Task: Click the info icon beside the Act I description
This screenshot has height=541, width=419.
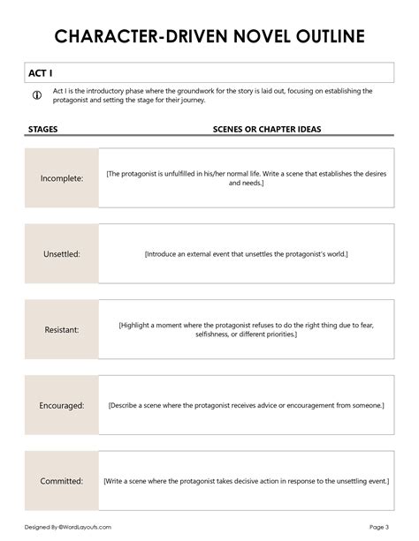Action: (36, 95)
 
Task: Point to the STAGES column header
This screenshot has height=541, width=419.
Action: (44, 129)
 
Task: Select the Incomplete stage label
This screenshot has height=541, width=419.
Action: (62, 178)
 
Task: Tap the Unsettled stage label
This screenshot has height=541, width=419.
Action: (62, 254)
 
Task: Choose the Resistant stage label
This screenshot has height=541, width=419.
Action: (62, 330)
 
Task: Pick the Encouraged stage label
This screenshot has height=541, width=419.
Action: (62, 406)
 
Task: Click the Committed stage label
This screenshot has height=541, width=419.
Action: (62, 481)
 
